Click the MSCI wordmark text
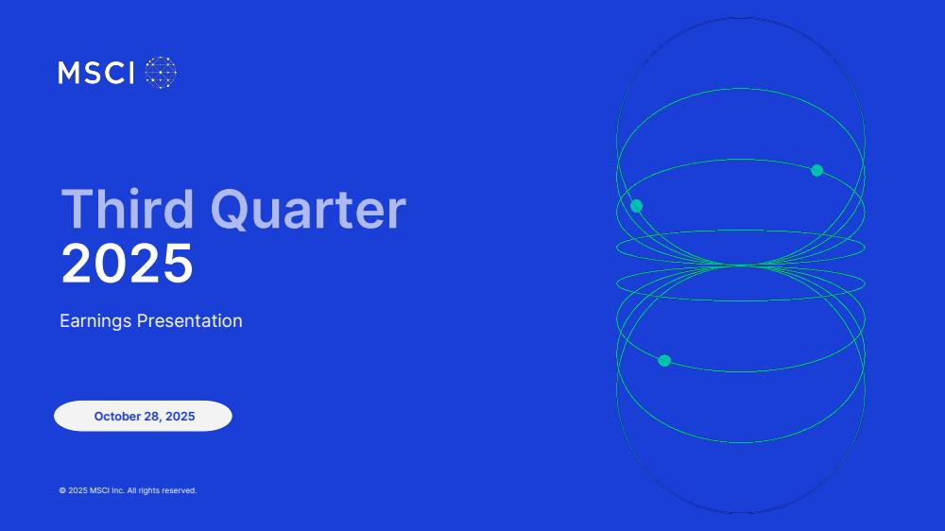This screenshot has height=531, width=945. [95, 73]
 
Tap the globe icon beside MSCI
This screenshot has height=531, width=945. [161, 73]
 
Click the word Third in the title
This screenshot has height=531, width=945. [128, 209]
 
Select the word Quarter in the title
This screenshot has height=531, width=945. [308, 211]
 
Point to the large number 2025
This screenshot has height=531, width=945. [128, 264]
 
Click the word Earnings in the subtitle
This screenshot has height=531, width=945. [95, 321]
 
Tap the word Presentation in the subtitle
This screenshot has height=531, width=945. [190, 320]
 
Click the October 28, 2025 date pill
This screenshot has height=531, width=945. [143, 416]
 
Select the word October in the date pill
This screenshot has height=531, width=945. [117, 417]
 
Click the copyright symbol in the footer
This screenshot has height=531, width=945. [62, 490]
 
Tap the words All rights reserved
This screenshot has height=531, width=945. [163, 490]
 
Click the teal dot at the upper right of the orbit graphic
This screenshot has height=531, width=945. [817, 171]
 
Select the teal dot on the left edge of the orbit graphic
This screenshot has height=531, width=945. [636, 206]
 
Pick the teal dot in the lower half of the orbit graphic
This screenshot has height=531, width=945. [664, 361]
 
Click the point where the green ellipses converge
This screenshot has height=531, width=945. [741, 265]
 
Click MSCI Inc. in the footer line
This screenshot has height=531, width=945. [107, 490]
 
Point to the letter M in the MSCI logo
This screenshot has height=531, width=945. [69, 73]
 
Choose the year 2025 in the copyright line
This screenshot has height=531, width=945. [77, 490]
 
